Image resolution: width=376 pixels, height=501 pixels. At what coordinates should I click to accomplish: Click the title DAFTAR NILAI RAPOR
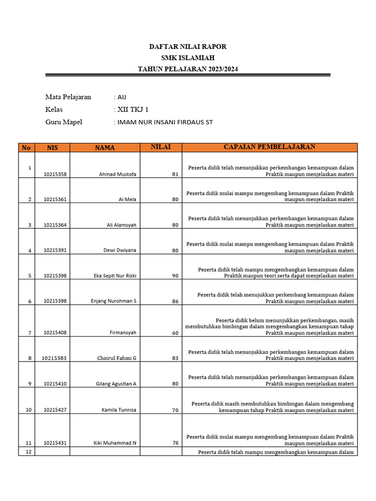pos(188,46)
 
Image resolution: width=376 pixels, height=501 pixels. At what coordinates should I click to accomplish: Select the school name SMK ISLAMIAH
pos(188,58)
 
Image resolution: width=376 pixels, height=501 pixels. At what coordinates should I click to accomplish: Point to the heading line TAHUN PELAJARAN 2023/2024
pos(188,69)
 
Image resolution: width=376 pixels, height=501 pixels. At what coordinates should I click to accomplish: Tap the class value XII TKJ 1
pos(132,110)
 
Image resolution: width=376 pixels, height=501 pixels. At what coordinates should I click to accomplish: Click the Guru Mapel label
pos(64,122)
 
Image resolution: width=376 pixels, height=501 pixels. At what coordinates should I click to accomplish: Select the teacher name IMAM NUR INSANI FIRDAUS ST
pos(164,122)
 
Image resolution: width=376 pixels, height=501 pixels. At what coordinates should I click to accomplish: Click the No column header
pos(26,148)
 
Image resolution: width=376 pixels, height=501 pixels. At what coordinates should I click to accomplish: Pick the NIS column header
pos(52,148)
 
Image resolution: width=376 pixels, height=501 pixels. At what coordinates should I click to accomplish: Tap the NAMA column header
pos(105,148)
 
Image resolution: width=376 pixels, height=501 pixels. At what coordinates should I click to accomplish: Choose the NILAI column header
pos(161,147)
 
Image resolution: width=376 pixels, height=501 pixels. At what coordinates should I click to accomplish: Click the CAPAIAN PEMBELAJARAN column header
pos(269,147)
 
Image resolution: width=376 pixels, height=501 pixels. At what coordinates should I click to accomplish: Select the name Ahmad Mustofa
pos(117,174)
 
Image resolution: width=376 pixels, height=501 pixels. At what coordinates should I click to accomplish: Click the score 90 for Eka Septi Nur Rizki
pos(175,276)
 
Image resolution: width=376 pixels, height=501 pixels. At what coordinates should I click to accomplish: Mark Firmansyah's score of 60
pos(175,333)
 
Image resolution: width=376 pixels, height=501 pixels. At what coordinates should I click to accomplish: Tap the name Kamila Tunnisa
pos(119,410)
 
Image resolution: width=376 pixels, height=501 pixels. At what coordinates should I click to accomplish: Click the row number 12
pos(28,452)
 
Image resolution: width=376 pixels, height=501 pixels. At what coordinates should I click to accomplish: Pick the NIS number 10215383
pos(54,358)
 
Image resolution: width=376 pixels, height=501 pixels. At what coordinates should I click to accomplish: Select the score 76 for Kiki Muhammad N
pos(175,443)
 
